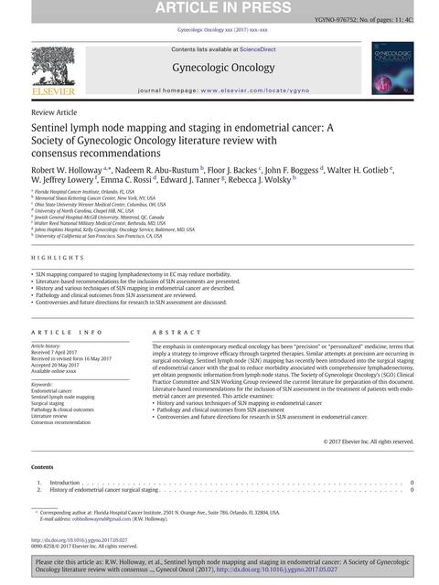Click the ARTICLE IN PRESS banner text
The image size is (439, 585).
(x=219, y=9)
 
